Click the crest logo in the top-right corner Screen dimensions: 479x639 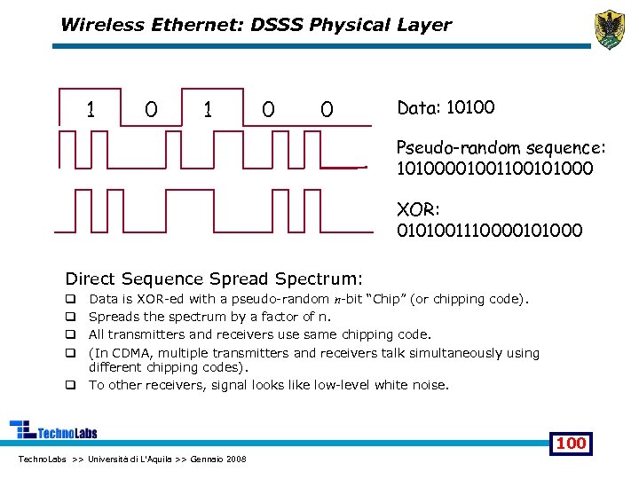pos(610,30)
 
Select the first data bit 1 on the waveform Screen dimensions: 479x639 pos(91,109)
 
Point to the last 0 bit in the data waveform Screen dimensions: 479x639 pos(327,109)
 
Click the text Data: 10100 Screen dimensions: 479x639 pos(446,108)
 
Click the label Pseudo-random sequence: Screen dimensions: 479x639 pos(501,147)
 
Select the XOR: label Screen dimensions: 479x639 pos(417,211)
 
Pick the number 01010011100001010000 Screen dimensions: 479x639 pos(490,231)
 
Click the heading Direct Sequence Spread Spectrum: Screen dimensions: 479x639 pos(214,279)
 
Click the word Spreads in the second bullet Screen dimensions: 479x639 pos(113,317)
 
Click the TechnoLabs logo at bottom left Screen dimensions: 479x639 pos(53,431)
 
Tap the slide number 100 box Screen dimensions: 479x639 pos(571,443)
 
